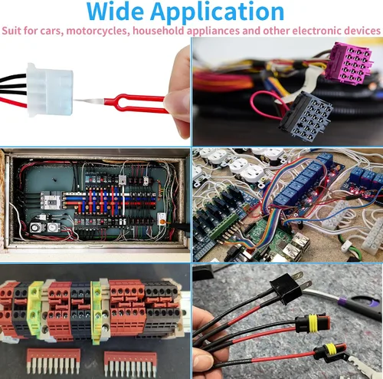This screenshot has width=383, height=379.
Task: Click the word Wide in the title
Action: coord(115,12)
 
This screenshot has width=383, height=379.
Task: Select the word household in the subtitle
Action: coord(159,31)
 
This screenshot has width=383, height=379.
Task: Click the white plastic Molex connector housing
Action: coord(50,90)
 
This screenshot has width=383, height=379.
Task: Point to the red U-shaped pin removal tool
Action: coord(136,103)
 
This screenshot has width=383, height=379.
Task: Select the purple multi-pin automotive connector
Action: coord(349,64)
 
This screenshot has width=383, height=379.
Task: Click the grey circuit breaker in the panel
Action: coord(52,200)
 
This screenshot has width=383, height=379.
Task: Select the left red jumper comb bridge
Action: coord(54,361)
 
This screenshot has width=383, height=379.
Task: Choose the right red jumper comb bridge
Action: coord(130,363)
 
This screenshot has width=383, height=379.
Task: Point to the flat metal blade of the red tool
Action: coord(89,101)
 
